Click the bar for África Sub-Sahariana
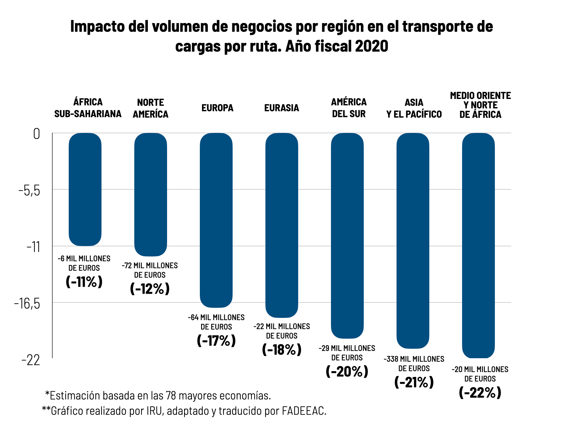[85, 189]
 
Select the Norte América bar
[151, 194]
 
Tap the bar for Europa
[216, 220]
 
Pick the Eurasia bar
[282, 225]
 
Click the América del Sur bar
[347, 235]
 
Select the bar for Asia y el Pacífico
[413, 240]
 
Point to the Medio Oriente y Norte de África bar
[478, 245]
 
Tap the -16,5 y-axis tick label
[27, 303]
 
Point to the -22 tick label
[31, 360]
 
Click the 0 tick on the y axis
[37, 134]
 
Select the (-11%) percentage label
[84, 281]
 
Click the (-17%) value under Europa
[216, 340]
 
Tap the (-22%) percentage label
[480, 393]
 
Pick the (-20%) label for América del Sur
[347, 371]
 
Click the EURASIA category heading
[281, 108]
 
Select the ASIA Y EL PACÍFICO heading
[414, 108]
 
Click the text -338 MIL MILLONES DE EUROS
[414, 364]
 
